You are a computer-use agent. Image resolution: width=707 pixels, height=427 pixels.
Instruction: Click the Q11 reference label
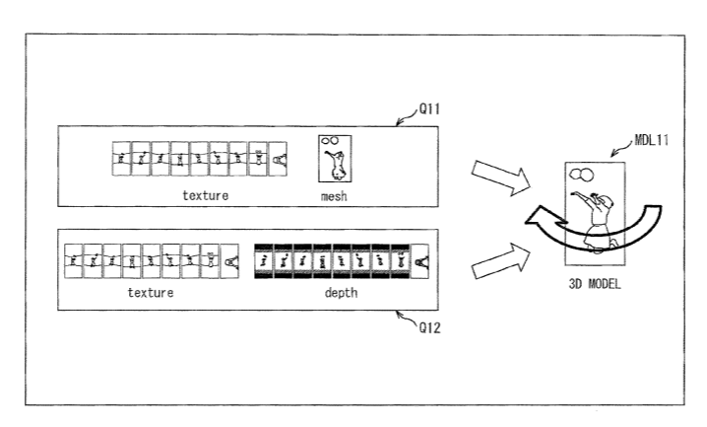tap(429, 108)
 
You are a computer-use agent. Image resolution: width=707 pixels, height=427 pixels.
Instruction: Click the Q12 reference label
tap(429, 327)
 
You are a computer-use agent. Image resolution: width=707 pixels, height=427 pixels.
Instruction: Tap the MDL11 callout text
tap(651, 140)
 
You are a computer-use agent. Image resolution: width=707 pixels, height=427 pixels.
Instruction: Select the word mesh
tap(334, 196)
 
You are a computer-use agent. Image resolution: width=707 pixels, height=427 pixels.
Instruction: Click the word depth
tap(341, 293)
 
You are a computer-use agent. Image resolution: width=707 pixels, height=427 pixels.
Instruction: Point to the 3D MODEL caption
tap(595, 283)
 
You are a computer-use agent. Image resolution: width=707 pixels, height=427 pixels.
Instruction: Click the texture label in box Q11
tap(205, 195)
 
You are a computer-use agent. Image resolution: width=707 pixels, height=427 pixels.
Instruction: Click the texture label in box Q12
tap(151, 293)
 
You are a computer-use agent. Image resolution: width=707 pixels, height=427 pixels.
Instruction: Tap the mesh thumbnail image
tap(335, 159)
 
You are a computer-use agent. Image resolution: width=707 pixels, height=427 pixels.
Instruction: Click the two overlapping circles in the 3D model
tap(582, 175)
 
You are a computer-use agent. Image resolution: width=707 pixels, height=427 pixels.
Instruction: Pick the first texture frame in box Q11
tap(121, 159)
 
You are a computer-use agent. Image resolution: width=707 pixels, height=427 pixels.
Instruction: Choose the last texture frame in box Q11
tap(278, 159)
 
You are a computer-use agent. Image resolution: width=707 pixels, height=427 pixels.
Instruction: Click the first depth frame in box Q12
tap(264, 261)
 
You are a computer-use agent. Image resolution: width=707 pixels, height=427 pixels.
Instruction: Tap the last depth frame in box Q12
tap(420, 261)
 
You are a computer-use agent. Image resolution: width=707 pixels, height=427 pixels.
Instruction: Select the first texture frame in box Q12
tap(74, 261)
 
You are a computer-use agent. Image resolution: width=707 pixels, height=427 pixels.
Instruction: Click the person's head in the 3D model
tap(606, 201)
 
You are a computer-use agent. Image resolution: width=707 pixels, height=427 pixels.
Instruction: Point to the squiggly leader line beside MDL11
tap(622, 148)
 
